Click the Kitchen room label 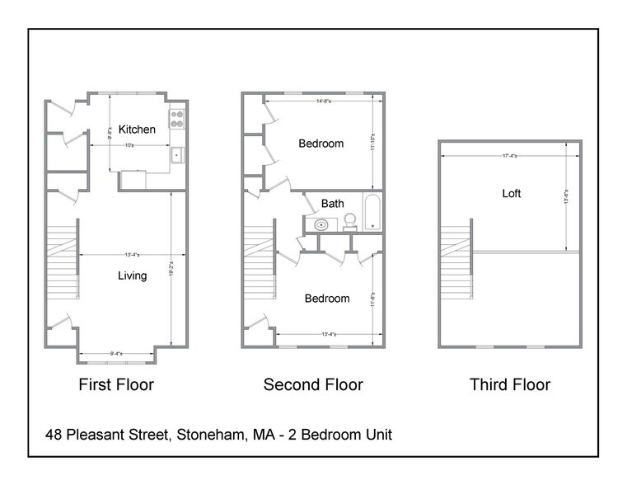tap(137, 129)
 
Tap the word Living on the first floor tap(131, 275)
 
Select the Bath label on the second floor tap(333, 203)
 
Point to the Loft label tap(512, 194)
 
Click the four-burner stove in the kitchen tap(177, 118)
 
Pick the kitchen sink tap(176, 155)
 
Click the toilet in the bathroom tap(349, 221)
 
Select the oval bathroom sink tap(321, 224)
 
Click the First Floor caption tap(116, 384)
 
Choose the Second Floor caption tap(313, 384)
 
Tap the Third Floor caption tap(510, 384)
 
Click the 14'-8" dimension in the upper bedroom tap(325, 101)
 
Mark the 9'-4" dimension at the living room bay tap(116, 353)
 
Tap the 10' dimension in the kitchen tap(130, 146)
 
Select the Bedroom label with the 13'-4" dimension tap(327, 299)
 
